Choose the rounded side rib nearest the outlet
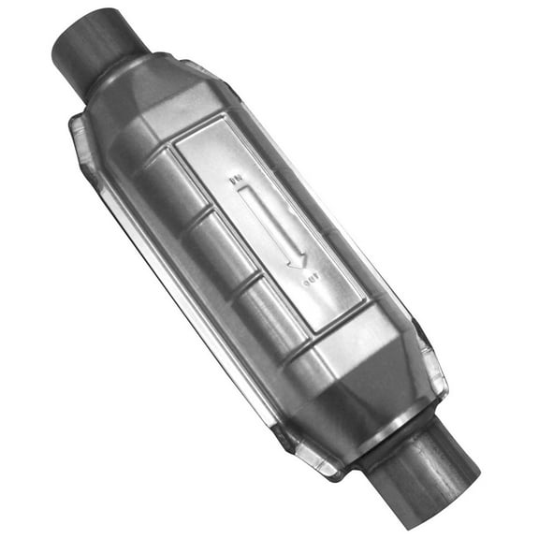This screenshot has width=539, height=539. click(x=267, y=313)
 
